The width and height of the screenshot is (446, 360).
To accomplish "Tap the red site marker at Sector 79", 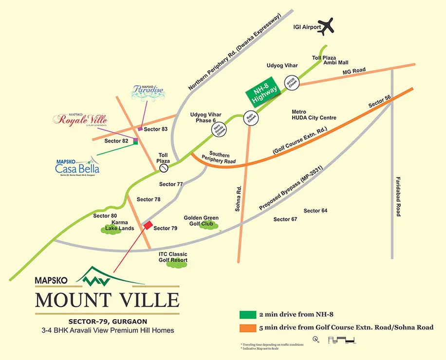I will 147,226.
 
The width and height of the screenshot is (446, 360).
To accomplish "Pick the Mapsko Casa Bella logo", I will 77,167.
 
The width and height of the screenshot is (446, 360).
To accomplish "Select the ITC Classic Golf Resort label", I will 173,257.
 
